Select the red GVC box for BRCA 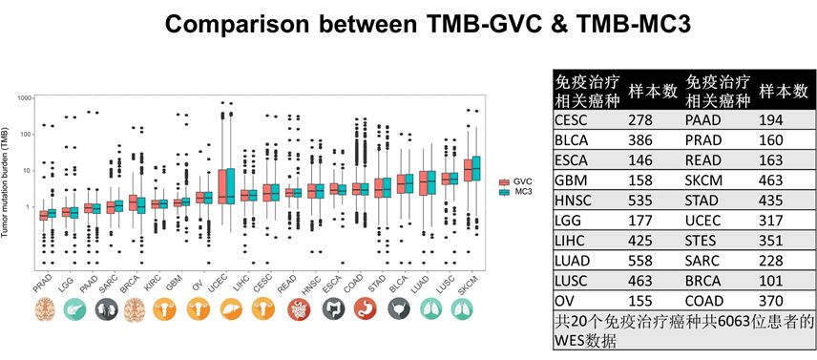pyautogui.click(x=133, y=202)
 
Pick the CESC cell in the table pyautogui.click(x=571, y=119)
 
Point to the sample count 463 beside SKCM pyautogui.click(x=770, y=180)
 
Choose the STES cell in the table pyautogui.click(x=702, y=240)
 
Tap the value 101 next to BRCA pyautogui.click(x=770, y=280)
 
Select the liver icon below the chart pyautogui.click(x=231, y=309)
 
